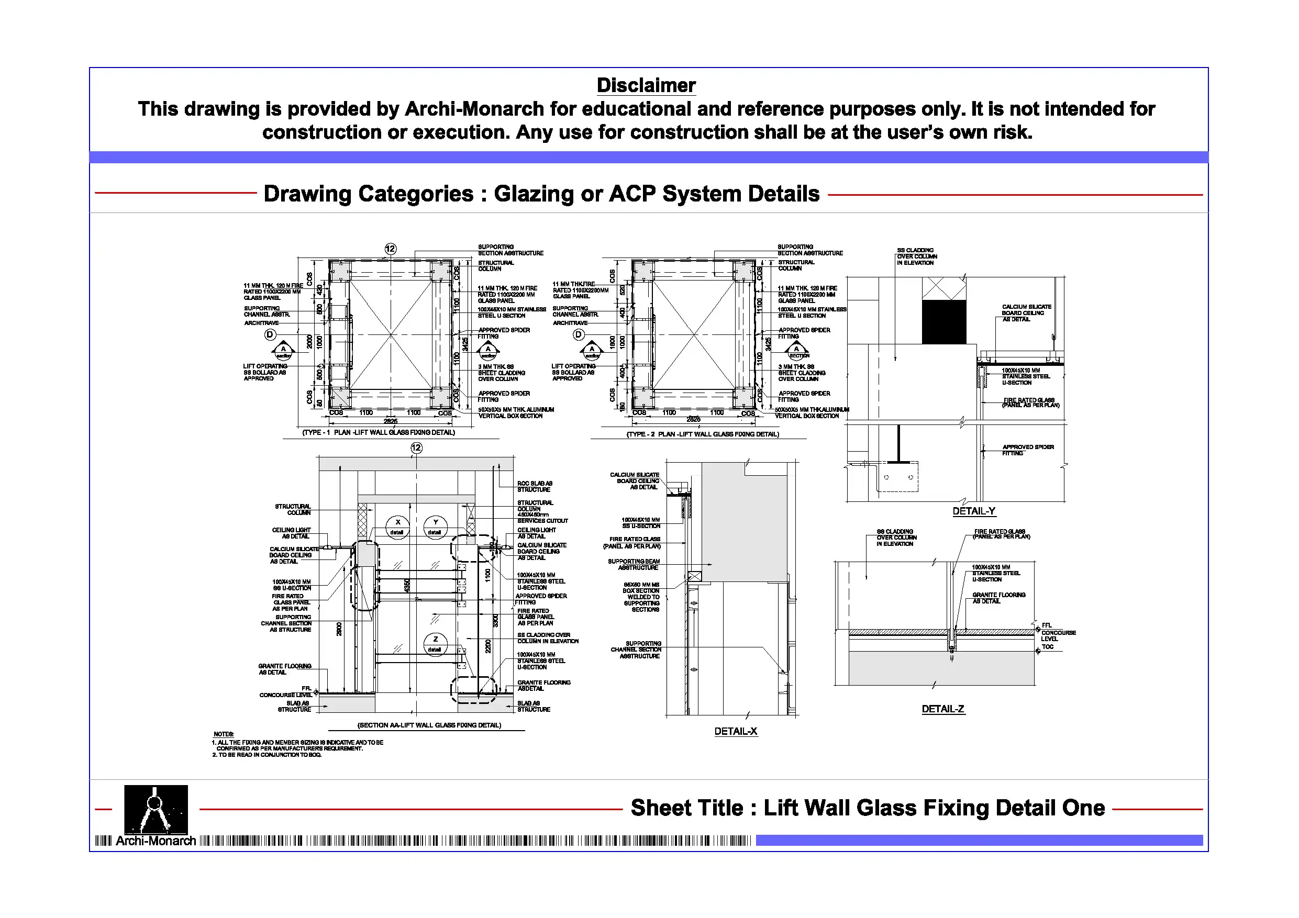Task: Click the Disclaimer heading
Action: coord(646,85)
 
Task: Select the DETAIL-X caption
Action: coord(735,731)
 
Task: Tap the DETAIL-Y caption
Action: coord(973,511)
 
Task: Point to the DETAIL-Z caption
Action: coord(942,709)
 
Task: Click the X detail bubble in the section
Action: coord(397,527)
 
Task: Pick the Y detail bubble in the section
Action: coord(435,527)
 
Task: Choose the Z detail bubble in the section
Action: coord(435,643)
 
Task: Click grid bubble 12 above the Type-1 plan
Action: coord(391,249)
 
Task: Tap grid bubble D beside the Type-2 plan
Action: coord(578,334)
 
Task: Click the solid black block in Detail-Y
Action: coord(943,322)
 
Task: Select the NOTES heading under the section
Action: coord(224,734)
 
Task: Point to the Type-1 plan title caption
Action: coord(379,433)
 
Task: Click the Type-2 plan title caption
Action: coord(702,434)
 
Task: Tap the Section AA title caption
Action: coord(429,725)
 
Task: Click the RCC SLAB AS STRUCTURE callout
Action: coord(535,486)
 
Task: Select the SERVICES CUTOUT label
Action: coord(542,521)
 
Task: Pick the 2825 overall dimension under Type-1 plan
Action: coord(391,421)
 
